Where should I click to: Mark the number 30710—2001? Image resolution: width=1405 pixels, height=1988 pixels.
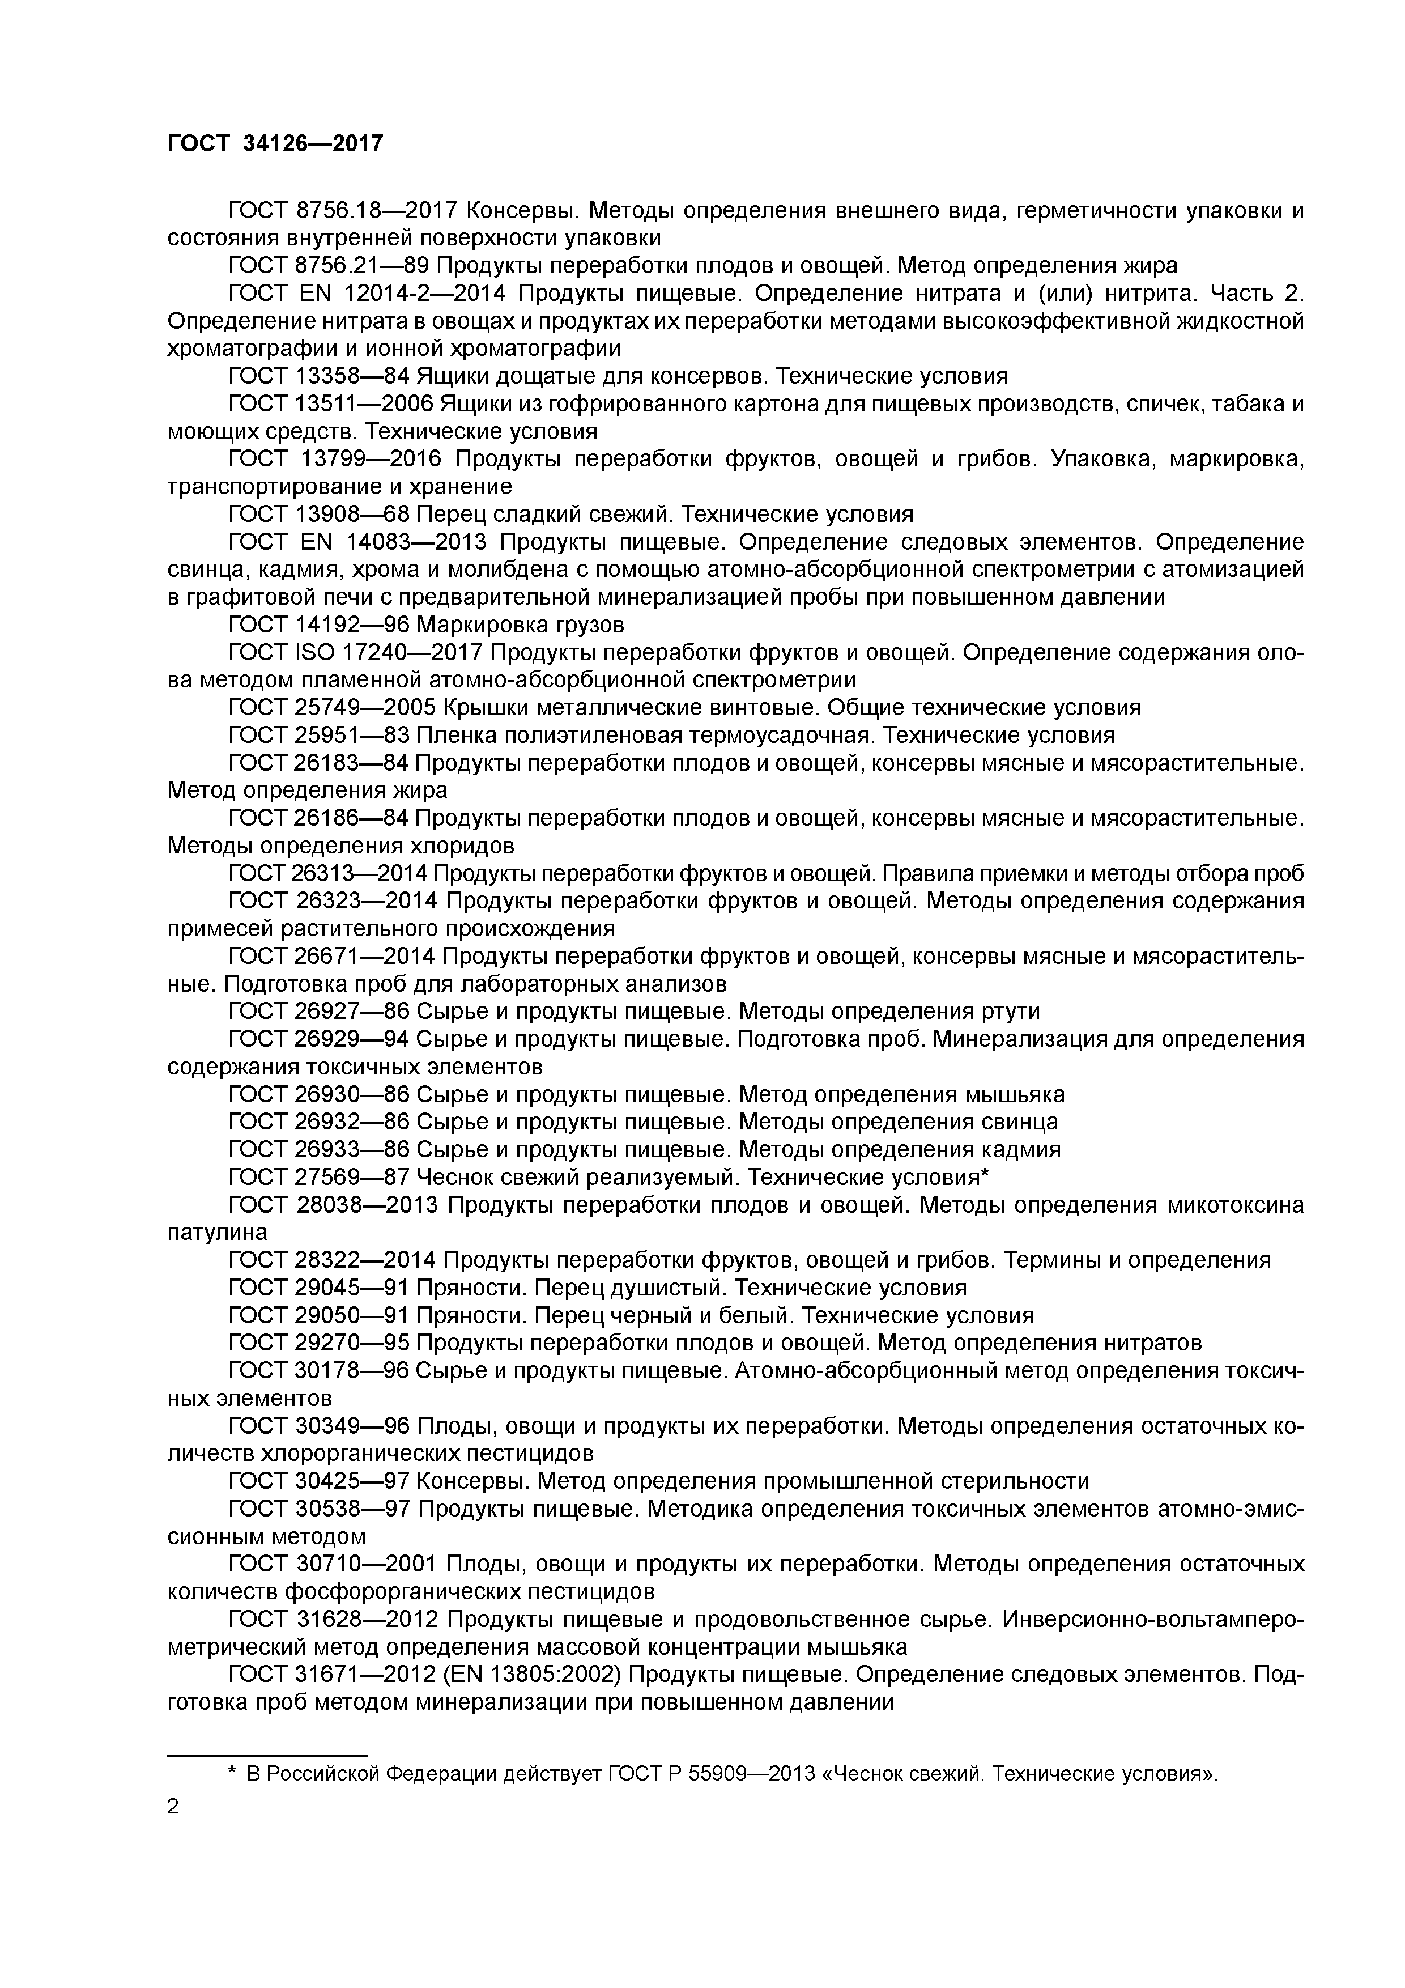367,1564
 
